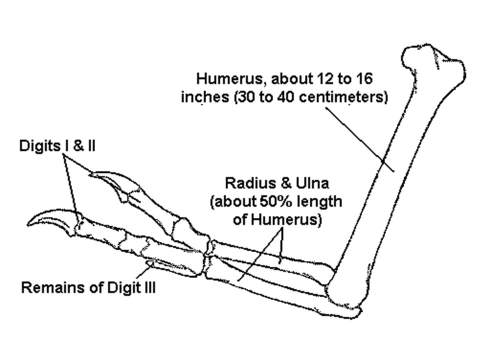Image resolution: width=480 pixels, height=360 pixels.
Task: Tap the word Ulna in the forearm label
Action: pos(312,183)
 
